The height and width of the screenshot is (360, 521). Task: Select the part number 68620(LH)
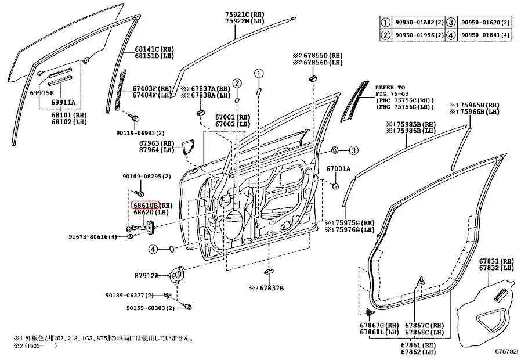coord(145,213)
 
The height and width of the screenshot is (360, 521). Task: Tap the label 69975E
coord(42,93)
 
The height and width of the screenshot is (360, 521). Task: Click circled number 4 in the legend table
coord(453,35)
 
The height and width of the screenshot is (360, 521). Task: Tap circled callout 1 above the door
coord(258,74)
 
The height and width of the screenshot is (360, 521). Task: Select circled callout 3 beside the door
coord(352,151)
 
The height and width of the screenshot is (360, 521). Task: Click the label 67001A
coord(338,169)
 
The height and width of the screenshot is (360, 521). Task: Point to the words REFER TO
coord(390,86)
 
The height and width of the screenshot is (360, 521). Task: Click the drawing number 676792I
coord(506,351)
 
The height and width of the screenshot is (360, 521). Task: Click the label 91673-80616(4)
coord(93,236)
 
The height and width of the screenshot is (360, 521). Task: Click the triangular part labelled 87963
coord(189,147)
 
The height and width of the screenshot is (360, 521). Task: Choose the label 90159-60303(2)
coord(142,308)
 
